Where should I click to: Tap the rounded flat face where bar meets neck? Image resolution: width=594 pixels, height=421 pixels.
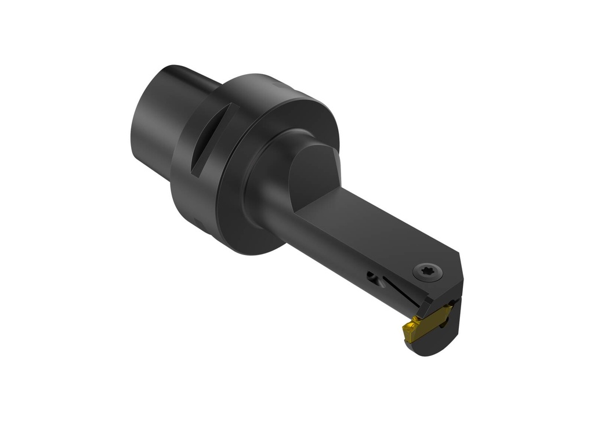tap(313, 168)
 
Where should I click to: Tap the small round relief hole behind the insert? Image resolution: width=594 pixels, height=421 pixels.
tap(377, 281)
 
